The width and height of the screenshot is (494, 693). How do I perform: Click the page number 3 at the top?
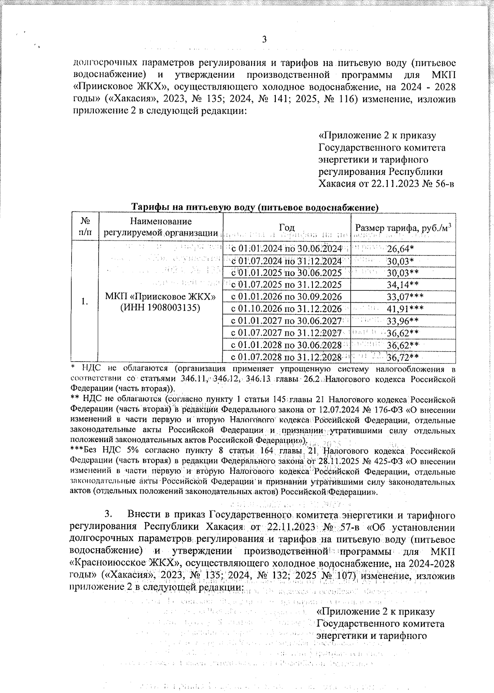pyautogui.click(x=265, y=40)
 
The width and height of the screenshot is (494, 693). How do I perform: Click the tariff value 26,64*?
pyautogui.click(x=400, y=249)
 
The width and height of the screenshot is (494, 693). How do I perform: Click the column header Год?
pyautogui.click(x=287, y=227)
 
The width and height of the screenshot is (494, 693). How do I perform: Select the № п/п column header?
pyautogui.click(x=84, y=227)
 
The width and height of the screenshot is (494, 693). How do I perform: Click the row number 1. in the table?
pyautogui.click(x=84, y=302)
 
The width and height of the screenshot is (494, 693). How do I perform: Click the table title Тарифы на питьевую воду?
pyautogui.click(x=254, y=207)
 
